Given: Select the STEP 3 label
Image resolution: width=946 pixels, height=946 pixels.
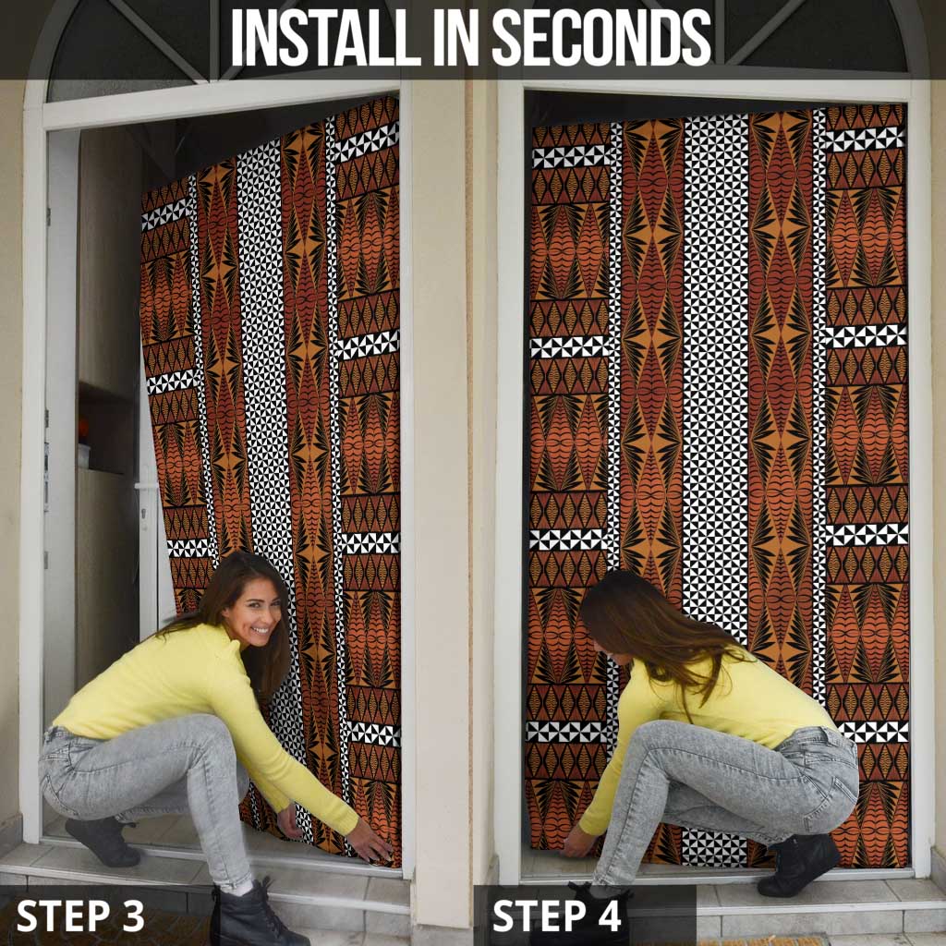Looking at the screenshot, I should click(80, 916).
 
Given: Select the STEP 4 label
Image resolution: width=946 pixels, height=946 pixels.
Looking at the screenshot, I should click(556, 916).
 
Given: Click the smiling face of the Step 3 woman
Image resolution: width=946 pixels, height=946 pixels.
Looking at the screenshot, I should click(251, 611).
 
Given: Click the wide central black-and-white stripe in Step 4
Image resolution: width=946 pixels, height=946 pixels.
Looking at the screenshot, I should click(714, 370).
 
